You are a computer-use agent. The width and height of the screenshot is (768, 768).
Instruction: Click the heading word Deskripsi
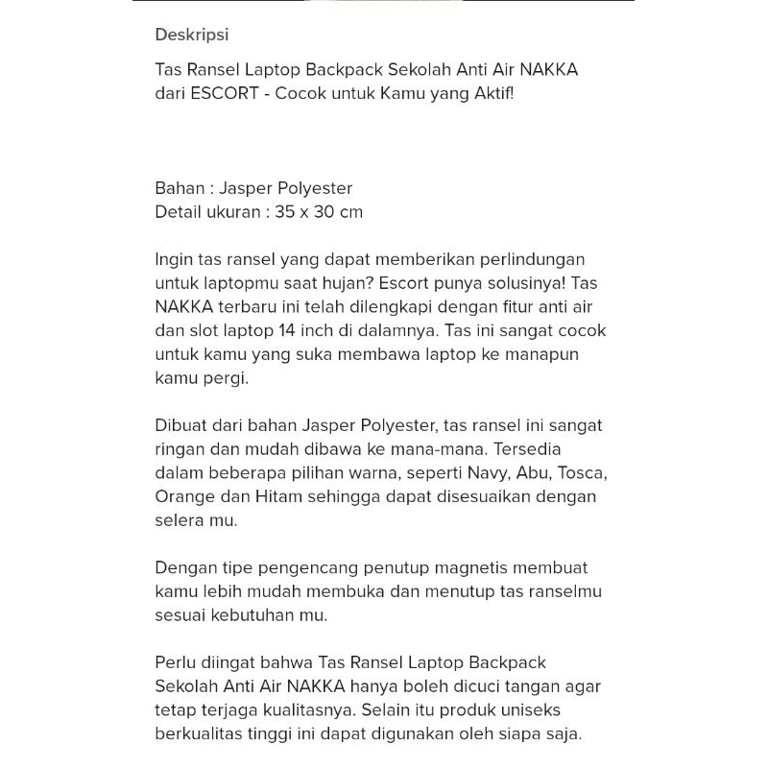[192, 36]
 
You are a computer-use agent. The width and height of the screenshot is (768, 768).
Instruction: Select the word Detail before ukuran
[179, 211]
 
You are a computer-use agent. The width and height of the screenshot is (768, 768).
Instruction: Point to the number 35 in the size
[284, 211]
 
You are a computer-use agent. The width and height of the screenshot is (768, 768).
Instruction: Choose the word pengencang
[291, 567]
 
